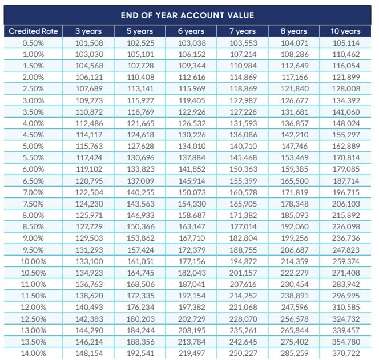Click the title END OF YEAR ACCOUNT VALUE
pos(187,15)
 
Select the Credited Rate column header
pos(33,31)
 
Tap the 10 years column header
pos(345,31)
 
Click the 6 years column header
pos(191,31)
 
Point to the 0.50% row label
pos(33,43)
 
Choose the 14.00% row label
pos(33,354)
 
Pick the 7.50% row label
pos(33,204)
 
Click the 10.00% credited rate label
pos(33,261)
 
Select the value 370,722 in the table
pos(346,354)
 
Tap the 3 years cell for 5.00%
pos(89,147)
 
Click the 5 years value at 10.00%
pos(140,261)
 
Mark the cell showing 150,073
pos(192,193)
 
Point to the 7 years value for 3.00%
pos(243,100)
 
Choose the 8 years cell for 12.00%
pos(295,308)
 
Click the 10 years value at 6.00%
pos(346,169)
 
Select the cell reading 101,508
pos(89,43)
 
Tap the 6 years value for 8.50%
pos(192,227)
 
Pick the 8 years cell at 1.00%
pos(295,54)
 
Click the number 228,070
pos(243,319)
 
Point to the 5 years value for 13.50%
pos(140,342)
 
